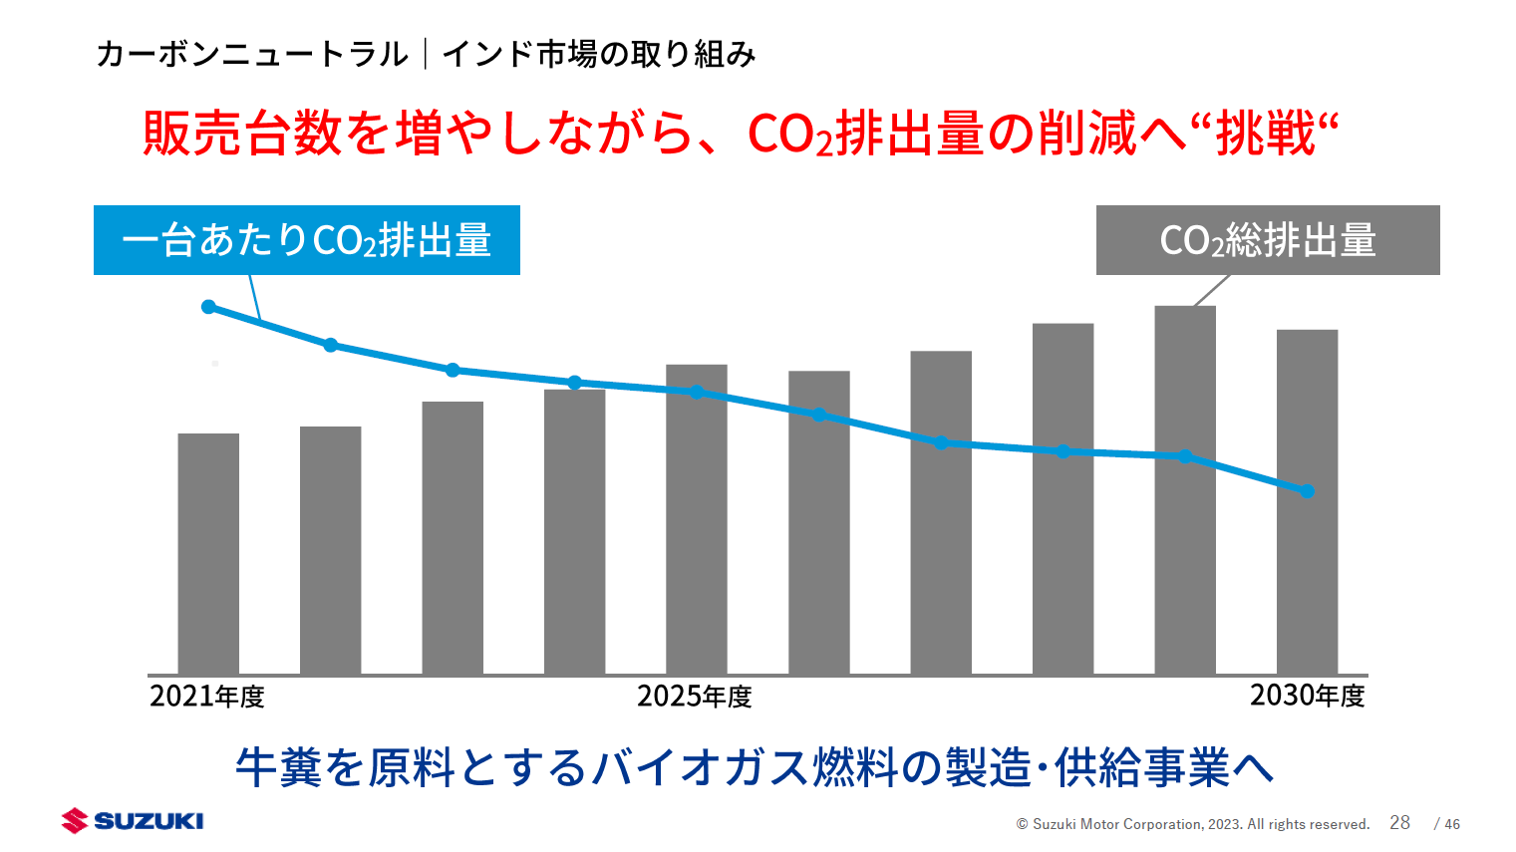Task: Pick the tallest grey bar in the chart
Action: [1185, 498]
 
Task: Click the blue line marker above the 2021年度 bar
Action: [208, 307]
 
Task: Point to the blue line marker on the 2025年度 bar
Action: [697, 392]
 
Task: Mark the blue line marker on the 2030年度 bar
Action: [1308, 491]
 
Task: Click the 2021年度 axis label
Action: [207, 696]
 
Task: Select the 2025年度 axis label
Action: [695, 696]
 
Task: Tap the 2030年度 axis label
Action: [1308, 696]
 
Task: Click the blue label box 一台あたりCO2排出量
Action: [307, 240]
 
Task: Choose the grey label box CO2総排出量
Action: [1268, 240]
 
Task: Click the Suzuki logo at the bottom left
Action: [133, 820]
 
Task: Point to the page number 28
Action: [1399, 822]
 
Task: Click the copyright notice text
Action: [1193, 824]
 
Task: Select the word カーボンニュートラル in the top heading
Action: [252, 54]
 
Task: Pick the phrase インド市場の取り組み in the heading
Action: [598, 54]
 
